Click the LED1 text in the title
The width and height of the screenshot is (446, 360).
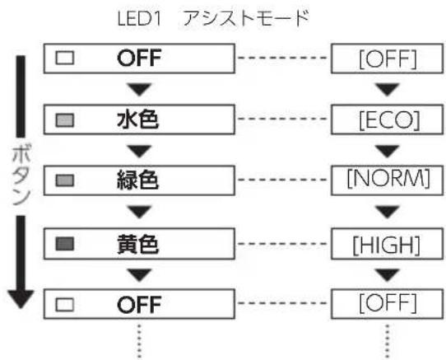139,18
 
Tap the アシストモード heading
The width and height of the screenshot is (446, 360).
246,18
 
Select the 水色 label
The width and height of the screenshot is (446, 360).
138,119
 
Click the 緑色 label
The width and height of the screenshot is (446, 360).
138,180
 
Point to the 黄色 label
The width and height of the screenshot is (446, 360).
138,244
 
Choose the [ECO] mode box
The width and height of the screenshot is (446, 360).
387,119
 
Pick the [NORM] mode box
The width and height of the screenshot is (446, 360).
387,180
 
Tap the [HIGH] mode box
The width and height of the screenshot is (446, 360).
387,244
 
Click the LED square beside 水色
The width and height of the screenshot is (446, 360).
65,120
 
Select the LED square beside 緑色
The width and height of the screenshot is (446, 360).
65,181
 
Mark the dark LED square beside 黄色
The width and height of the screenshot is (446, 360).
65,244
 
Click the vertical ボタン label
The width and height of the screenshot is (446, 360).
21,175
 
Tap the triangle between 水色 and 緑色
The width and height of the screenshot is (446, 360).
139,152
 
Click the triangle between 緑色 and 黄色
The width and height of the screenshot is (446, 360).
139,213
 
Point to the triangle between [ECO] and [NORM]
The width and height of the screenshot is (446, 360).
387,152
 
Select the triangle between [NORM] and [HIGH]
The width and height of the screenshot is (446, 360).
387,213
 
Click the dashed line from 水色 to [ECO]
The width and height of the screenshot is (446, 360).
282,119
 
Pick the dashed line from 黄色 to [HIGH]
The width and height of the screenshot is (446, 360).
282,244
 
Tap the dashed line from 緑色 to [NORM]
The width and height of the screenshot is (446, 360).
282,180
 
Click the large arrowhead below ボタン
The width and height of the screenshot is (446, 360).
21,299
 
